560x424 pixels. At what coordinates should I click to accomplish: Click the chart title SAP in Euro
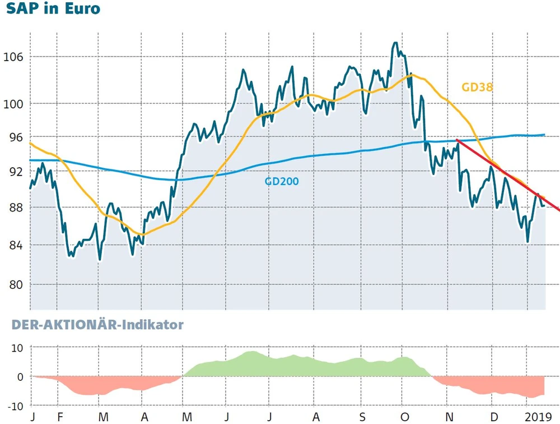point(54,9)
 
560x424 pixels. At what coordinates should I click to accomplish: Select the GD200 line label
point(281,181)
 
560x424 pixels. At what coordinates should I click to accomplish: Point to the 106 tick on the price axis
point(14,57)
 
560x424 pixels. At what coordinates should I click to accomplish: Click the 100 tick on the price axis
point(14,104)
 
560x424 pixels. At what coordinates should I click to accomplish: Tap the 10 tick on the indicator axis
point(17,348)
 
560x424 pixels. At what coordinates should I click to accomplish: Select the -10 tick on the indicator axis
point(15,405)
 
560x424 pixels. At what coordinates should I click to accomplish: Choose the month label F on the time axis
point(59,417)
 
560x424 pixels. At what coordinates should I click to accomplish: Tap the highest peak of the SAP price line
point(396,43)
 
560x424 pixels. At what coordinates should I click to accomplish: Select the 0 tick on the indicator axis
point(21,376)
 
